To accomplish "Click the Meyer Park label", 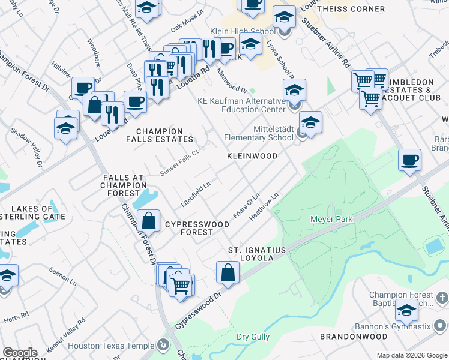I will click(x=331, y=219).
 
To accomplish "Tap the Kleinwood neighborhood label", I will click(x=252, y=156).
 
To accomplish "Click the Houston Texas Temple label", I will click(x=112, y=346).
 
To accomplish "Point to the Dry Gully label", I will click(x=253, y=337).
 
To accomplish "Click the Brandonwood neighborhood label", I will click(x=354, y=337).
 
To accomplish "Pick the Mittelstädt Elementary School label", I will click(x=259, y=133).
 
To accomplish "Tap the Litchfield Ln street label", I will click(x=196, y=193).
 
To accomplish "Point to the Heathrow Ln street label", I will click(x=265, y=205).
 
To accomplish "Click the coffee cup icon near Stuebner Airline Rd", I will click(x=409, y=160).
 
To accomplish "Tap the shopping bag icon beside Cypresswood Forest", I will click(x=148, y=221).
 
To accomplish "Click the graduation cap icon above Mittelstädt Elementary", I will click(x=310, y=122).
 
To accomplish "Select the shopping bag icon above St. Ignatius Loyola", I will click(x=228, y=272).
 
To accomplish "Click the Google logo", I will click(x=20, y=353).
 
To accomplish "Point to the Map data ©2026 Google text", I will click(x=412, y=355).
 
